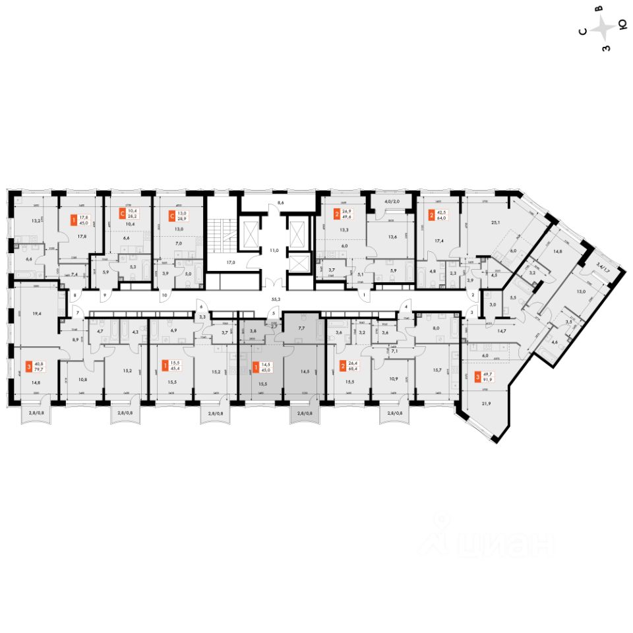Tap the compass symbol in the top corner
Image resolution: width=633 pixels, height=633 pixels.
point(603,28)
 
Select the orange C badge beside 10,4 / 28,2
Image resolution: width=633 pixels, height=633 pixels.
point(122,214)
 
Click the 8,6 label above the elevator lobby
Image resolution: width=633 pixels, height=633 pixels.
point(280,204)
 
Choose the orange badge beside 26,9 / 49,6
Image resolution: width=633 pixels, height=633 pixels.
point(336,214)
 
